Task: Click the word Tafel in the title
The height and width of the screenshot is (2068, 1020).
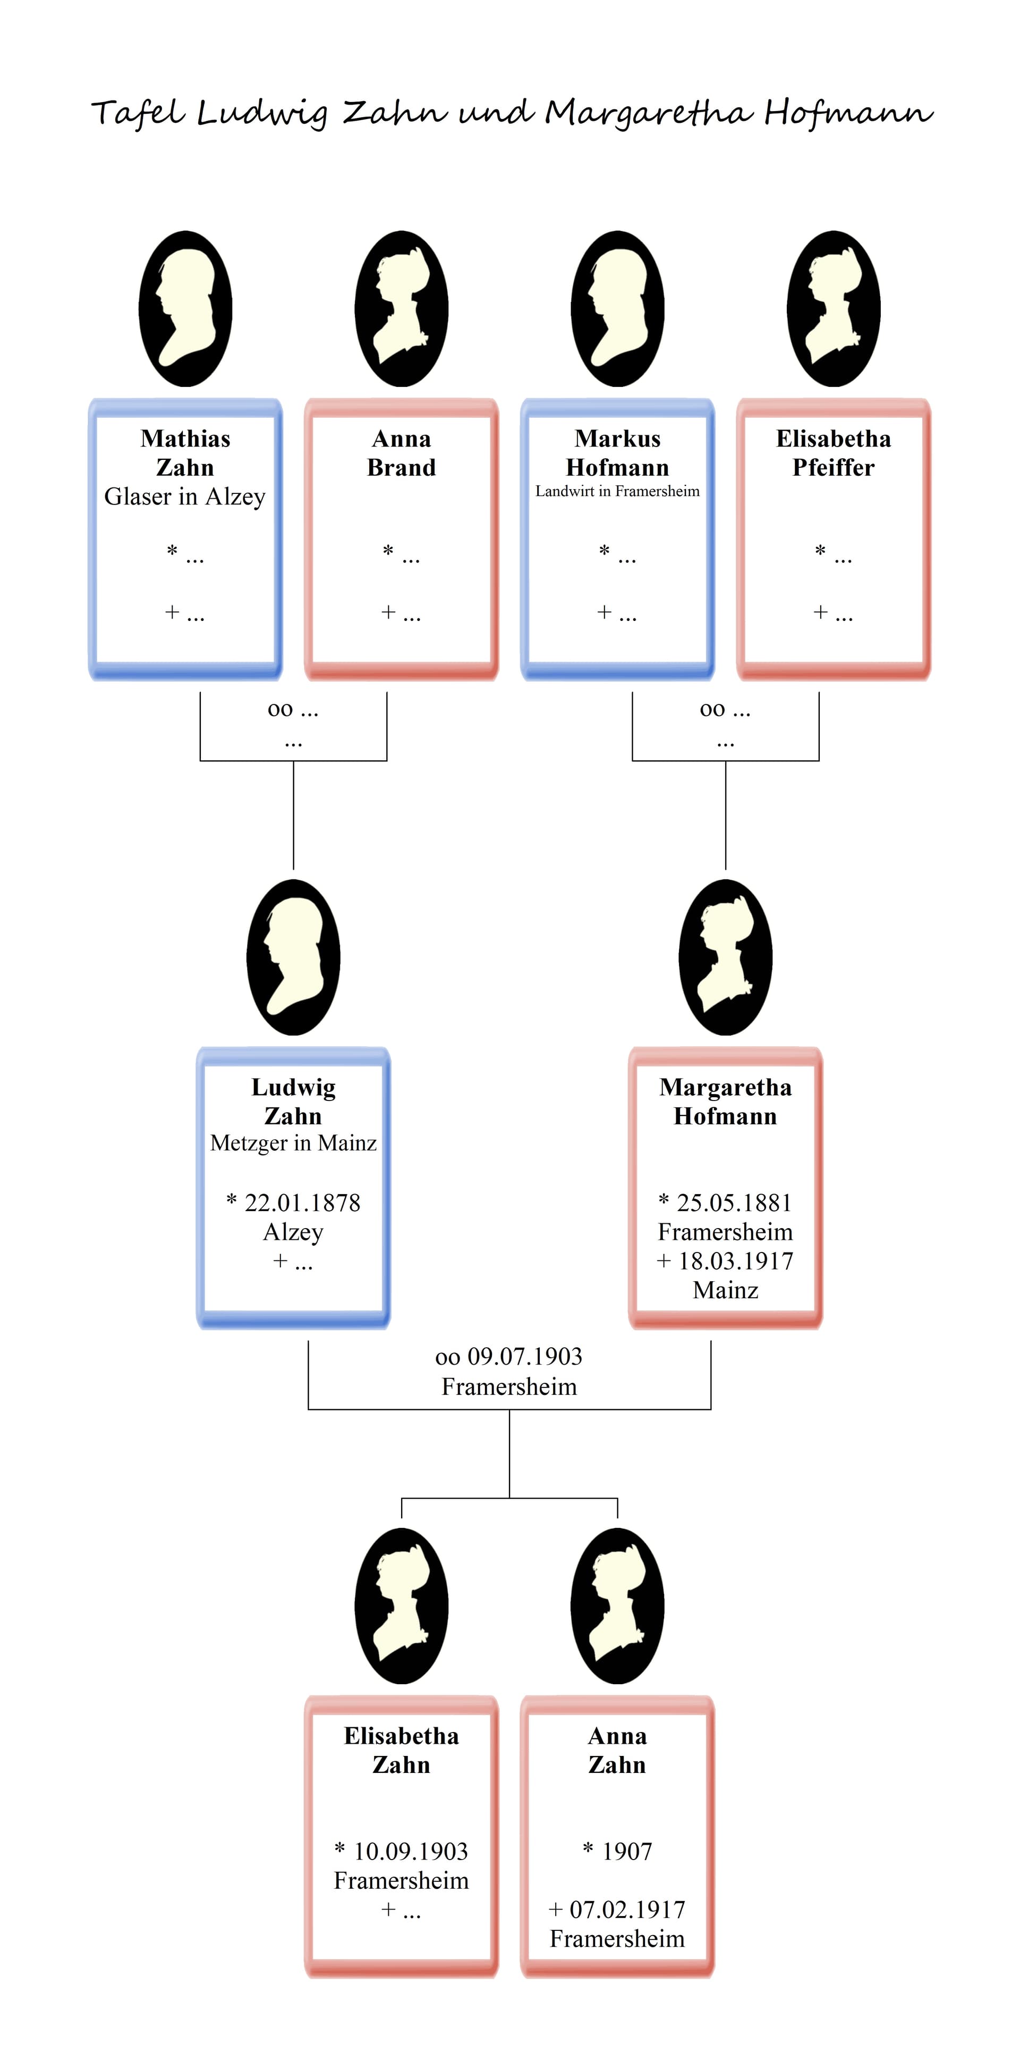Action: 138,113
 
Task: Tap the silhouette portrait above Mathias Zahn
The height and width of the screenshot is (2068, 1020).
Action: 185,309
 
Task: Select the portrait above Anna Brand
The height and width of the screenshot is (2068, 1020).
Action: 401,309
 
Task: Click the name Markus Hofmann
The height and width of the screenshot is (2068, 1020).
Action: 617,453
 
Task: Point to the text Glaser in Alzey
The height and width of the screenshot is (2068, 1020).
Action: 184,497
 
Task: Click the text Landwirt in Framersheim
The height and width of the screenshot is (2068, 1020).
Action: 617,491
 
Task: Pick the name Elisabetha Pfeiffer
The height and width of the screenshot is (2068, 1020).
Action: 833,453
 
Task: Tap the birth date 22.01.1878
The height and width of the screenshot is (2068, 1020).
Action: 302,1203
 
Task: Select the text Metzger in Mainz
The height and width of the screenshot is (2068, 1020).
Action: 293,1143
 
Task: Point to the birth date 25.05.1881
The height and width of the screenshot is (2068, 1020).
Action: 734,1203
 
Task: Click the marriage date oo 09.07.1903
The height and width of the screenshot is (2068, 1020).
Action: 509,1357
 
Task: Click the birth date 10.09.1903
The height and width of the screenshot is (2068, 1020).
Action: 410,1851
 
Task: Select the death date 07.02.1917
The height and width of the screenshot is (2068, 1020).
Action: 627,1910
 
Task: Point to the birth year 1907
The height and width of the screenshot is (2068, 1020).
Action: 627,1851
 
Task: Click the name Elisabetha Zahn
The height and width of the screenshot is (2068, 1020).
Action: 401,1750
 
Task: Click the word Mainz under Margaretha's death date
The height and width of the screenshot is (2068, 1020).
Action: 726,1290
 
